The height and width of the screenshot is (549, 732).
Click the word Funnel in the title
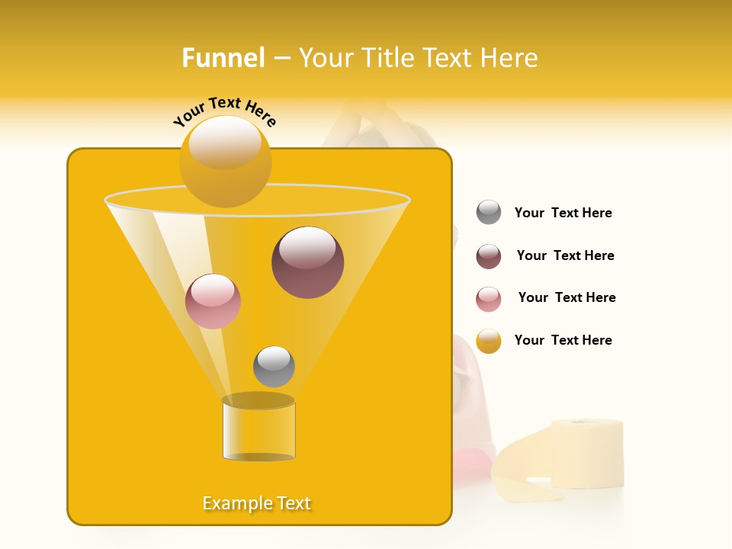click(x=223, y=58)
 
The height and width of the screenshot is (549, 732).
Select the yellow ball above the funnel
click(x=225, y=161)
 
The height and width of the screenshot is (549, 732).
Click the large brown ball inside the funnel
click(x=307, y=262)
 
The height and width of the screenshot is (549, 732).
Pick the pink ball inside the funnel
click(x=213, y=301)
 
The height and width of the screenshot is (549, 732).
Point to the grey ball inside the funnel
click(x=274, y=367)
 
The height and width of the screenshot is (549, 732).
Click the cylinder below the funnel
click(x=258, y=431)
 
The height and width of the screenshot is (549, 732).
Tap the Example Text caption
click(x=256, y=503)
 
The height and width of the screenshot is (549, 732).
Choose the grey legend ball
click(x=489, y=212)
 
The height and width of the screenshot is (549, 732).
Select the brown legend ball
click(x=489, y=256)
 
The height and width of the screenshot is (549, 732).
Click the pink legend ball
click(x=489, y=299)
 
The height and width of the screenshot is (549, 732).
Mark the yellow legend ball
click(x=489, y=341)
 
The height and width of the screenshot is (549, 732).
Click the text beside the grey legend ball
click(x=563, y=213)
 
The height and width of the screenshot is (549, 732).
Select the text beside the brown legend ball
click(x=565, y=255)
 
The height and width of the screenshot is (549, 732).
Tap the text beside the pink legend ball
click(x=567, y=297)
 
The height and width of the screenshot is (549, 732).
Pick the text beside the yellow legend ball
click(x=563, y=340)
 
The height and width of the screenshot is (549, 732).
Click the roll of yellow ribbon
click(x=587, y=453)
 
